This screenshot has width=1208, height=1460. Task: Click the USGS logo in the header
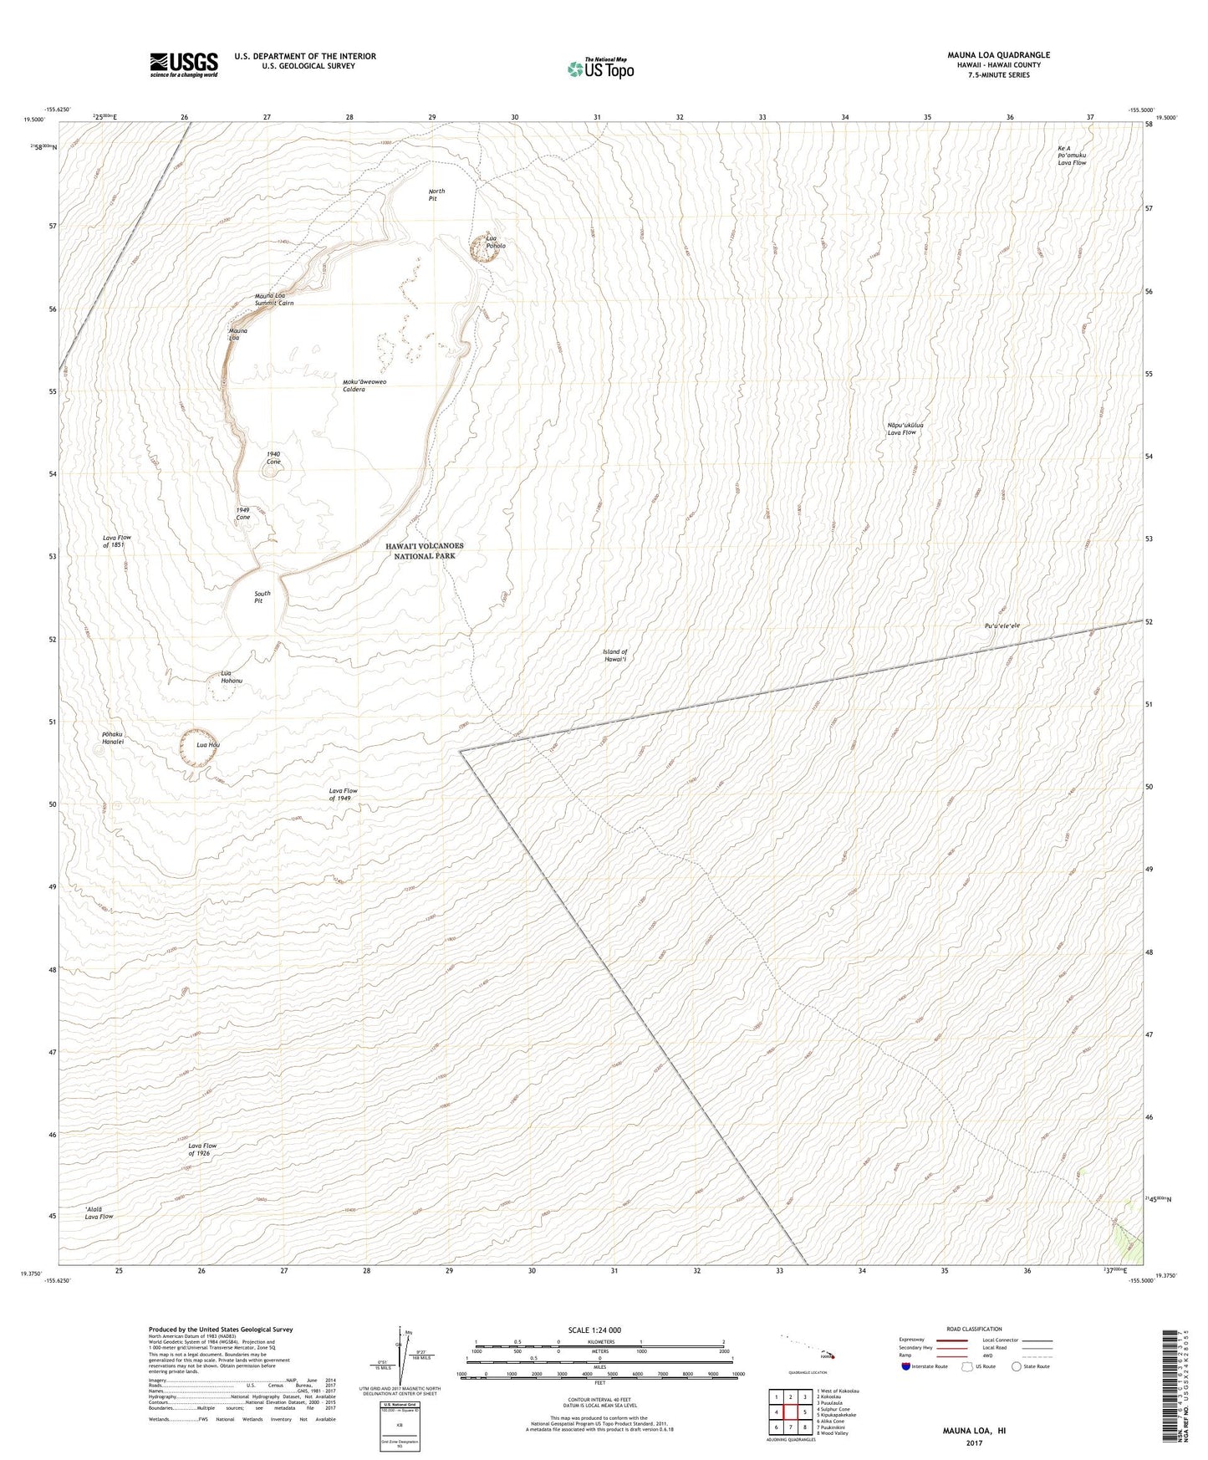[x=184, y=64]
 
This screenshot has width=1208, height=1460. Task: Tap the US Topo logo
[x=600, y=69]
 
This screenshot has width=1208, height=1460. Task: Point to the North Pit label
[x=436, y=195]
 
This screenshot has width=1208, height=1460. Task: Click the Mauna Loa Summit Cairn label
[x=274, y=299]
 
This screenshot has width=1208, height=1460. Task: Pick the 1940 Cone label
[x=273, y=458]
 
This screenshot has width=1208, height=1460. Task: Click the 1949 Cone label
[x=243, y=513]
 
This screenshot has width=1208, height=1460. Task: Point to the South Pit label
[x=262, y=597]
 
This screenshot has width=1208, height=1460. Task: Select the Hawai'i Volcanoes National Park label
[x=425, y=550]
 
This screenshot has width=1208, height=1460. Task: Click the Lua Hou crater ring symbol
[x=196, y=747]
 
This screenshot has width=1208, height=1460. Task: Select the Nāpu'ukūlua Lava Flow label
[x=902, y=429]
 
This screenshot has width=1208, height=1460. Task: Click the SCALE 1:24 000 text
[x=594, y=1330]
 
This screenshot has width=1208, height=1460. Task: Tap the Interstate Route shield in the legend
[x=906, y=1366]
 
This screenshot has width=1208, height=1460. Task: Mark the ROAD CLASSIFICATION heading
[x=974, y=1329]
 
